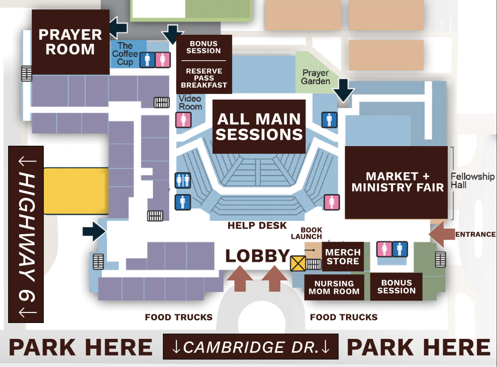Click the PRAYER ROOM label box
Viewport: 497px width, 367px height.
(x=70, y=42)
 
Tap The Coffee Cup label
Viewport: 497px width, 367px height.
(x=125, y=54)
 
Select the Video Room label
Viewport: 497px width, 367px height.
(x=190, y=103)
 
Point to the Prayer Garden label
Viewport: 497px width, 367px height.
(x=316, y=77)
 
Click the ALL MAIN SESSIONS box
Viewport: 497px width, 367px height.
(x=259, y=127)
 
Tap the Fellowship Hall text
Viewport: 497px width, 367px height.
(x=472, y=181)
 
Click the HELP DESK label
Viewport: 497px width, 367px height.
(x=257, y=225)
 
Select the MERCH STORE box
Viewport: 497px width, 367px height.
(x=343, y=257)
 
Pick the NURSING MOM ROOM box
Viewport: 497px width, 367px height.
(x=334, y=287)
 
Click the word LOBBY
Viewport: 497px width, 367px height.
(x=257, y=256)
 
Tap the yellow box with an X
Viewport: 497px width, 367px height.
(x=298, y=263)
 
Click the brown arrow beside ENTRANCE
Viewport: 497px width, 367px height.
(x=441, y=234)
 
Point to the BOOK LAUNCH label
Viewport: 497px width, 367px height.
(x=307, y=233)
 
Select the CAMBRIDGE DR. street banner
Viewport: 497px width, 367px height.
(x=250, y=347)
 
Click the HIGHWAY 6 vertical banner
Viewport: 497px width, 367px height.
(x=26, y=234)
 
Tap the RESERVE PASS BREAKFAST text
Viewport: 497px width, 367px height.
(x=204, y=78)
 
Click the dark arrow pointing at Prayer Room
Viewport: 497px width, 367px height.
(x=118, y=28)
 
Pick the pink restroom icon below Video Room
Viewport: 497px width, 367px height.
(x=183, y=120)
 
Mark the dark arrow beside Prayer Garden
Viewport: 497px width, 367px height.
(x=343, y=90)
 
